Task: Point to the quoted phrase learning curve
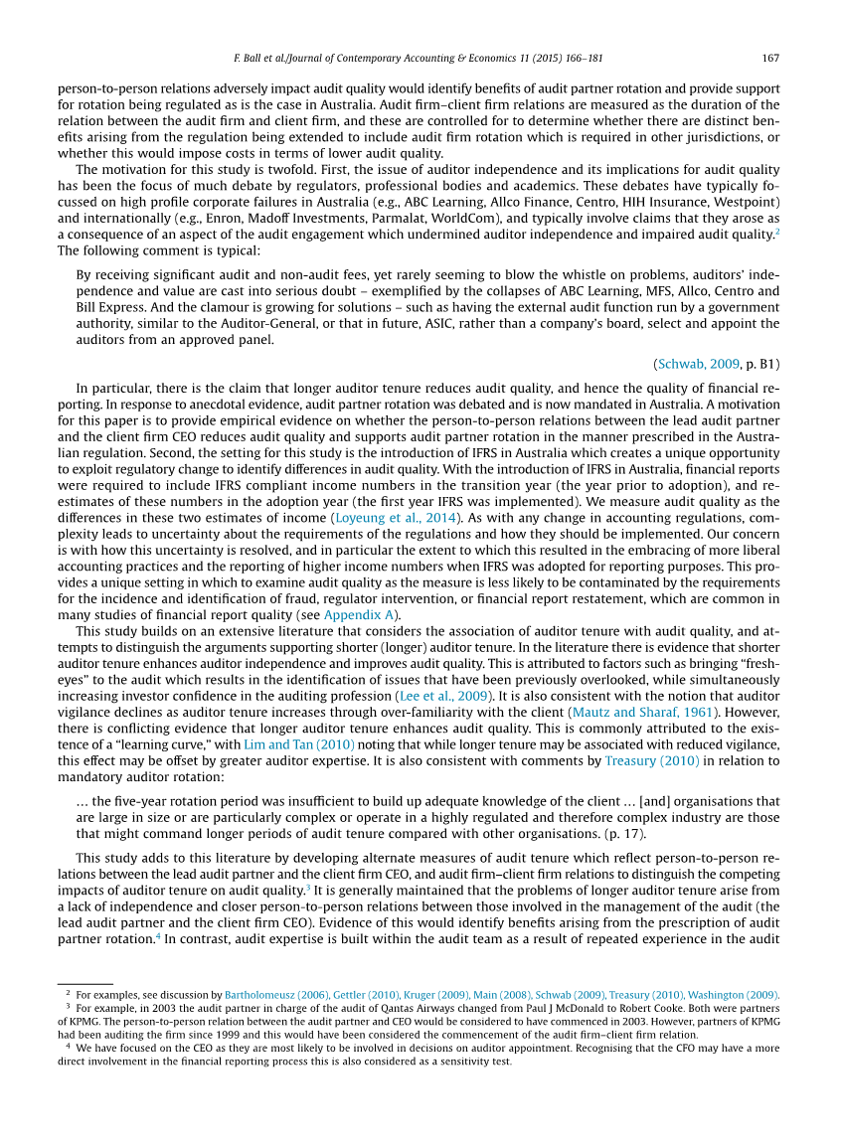pyautogui.click(x=205, y=744)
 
